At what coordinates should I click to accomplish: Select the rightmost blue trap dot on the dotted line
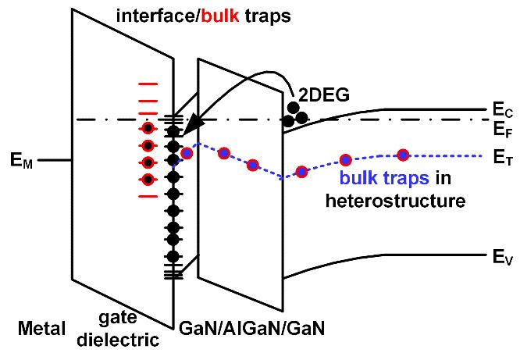click(404, 154)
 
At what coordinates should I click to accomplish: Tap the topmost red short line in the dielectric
click(147, 83)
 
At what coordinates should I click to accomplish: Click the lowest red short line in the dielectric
click(147, 196)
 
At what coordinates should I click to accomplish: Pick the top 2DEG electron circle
click(294, 107)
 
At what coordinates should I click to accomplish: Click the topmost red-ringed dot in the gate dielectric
click(147, 129)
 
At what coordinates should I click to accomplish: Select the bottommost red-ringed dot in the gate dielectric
click(147, 180)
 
